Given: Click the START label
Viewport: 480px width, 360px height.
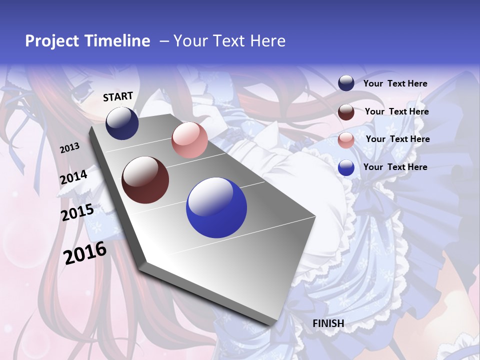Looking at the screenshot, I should click(118, 96).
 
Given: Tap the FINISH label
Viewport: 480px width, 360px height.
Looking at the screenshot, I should click(328, 323).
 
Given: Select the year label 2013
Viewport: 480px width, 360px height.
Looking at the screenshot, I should click(69, 148).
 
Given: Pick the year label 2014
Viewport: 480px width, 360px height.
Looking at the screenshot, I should click(73, 177).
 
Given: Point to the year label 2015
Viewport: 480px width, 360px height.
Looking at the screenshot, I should click(77, 212).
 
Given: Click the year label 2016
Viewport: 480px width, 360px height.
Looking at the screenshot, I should click(85, 252).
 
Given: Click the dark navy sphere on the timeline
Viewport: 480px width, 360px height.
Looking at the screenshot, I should click(122, 123).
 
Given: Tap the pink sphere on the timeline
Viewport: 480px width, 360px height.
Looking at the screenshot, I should click(189, 140).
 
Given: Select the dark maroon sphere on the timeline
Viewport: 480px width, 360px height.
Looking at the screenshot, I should click(145, 180).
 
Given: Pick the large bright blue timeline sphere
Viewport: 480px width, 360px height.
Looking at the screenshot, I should click(216, 208).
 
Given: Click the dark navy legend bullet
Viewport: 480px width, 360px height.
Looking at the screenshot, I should click(346, 83).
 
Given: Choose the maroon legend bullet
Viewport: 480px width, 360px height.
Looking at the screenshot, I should click(346, 111).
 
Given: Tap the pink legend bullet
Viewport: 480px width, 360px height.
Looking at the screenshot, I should click(346, 140).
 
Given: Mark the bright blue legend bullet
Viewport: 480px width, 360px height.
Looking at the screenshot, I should click(346, 167).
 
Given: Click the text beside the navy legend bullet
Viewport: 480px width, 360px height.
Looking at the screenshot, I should click(395, 83).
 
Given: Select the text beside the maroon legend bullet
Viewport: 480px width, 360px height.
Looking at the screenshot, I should click(396, 111).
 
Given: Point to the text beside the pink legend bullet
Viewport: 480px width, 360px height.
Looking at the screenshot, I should click(397, 139).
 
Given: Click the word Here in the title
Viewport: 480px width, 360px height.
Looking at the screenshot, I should click(267, 41).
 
